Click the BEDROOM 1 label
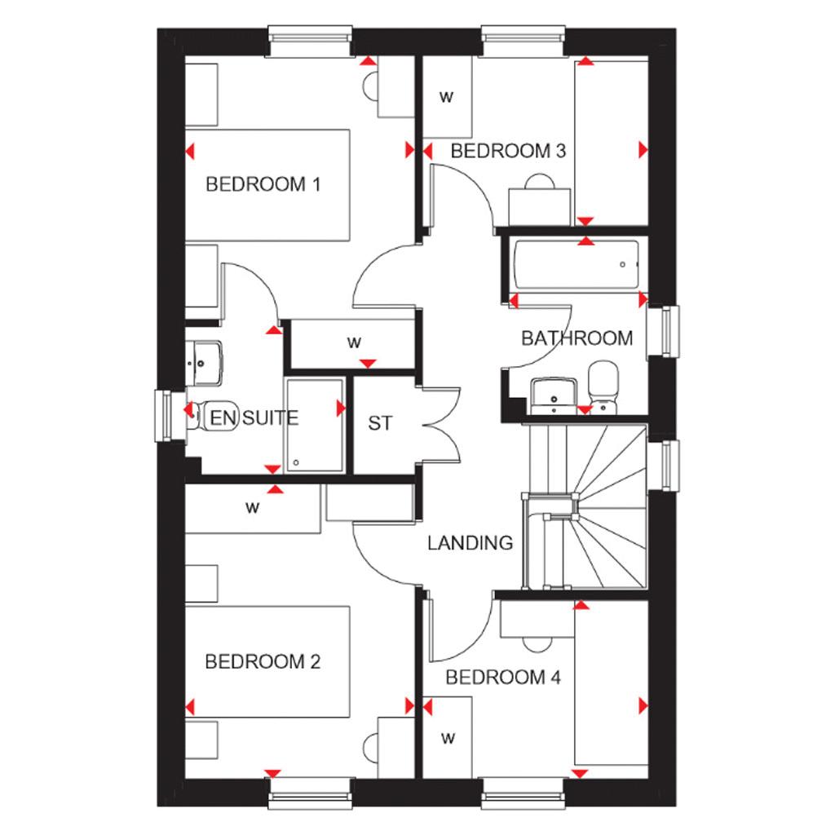tap(263, 184)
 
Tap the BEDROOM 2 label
tap(263, 661)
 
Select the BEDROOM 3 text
tap(508, 151)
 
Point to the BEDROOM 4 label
tap(504, 677)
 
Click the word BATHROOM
tap(577, 338)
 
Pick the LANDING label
tap(471, 542)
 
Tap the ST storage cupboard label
tap(380, 423)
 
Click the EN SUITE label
tap(254, 418)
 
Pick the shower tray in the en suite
tap(315, 424)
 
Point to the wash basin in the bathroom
tap(553, 395)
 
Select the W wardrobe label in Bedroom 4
tap(447, 739)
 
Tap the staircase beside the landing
tap(599, 506)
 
